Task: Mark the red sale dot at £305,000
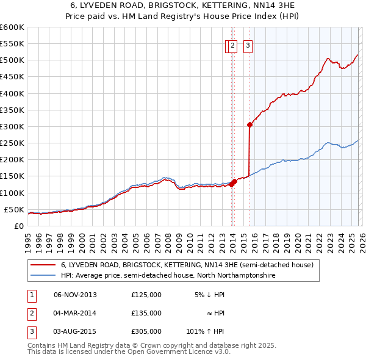pyautogui.click(x=249, y=124)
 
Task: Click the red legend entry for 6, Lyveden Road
pyautogui.click(x=187, y=265)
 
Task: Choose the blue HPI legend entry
pyautogui.click(x=168, y=276)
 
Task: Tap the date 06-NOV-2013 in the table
pyautogui.click(x=75, y=294)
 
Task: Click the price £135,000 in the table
pyautogui.click(x=146, y=313)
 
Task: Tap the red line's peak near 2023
pyautogui.click(x=328, y=59)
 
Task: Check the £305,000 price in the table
pyautogui.click(x=146, y=332)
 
